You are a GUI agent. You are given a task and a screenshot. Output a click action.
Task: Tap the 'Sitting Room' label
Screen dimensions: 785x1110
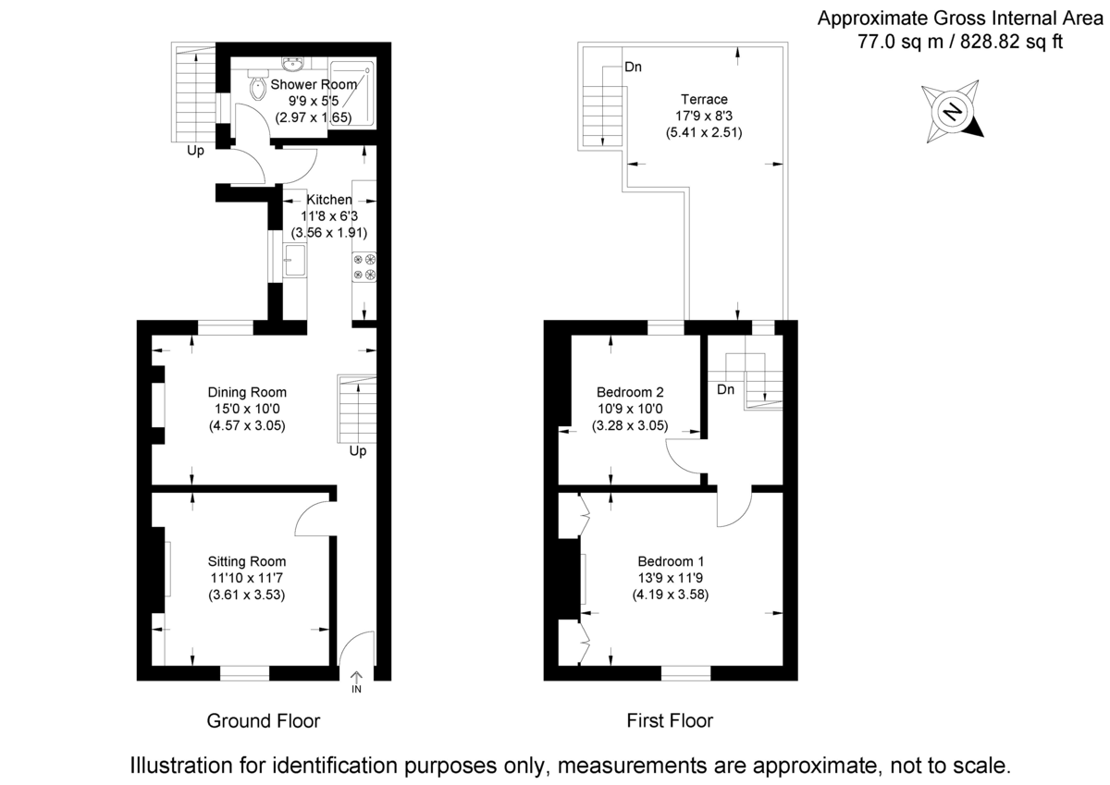[246, 561]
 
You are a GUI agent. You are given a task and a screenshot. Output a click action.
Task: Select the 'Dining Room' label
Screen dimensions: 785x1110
[246, 392]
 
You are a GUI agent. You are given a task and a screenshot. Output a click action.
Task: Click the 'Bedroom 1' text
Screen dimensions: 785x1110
[671, 561]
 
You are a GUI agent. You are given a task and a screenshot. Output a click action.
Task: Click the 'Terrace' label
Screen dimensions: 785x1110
[704, 100]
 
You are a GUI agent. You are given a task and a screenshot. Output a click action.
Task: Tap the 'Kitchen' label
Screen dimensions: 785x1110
[329, 200]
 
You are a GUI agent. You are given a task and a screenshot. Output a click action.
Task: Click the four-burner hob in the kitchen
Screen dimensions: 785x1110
[364, 266]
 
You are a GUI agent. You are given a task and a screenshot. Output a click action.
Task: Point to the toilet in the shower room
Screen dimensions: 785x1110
[257, 88]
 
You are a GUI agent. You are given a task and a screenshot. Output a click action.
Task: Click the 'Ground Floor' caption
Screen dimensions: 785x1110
[263, 720]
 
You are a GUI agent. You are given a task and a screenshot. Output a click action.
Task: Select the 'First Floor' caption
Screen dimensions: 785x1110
[670, 720]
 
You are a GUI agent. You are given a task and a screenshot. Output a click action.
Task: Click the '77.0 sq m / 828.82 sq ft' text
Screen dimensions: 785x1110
[961, 42]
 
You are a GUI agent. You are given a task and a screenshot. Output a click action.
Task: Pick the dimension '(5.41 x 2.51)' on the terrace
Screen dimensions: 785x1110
[704, 132]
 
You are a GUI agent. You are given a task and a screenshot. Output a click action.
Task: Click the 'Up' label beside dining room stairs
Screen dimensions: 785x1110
[357, 452]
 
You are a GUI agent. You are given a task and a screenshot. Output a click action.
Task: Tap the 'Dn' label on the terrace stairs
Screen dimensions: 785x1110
[634, 67]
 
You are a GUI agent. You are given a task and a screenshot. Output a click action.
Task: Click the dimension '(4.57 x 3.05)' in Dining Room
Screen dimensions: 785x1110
[246, 425]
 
